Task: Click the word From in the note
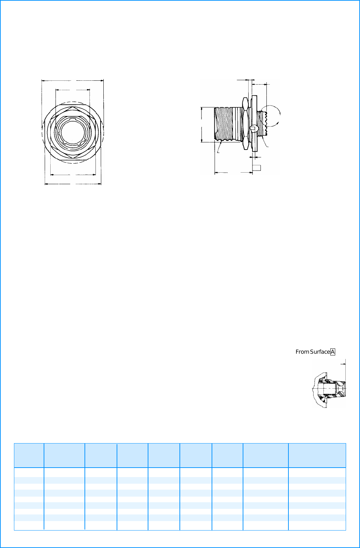[x=302, y=352]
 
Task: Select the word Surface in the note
[x=320, y=352]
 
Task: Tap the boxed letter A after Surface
[x=333, y=352]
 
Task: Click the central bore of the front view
[x=73, y=134]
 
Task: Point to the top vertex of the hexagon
[x=73, y=106]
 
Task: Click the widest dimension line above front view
[x=73, y=80]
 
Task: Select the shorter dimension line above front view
[x=73, y=90]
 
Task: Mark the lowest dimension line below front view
[x=73, y=183]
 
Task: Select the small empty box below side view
[x=257, y=168]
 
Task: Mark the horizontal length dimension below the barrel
[x=233, y=172]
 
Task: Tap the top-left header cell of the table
[x=29, y=455]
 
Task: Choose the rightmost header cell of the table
[x=317, y=455]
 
